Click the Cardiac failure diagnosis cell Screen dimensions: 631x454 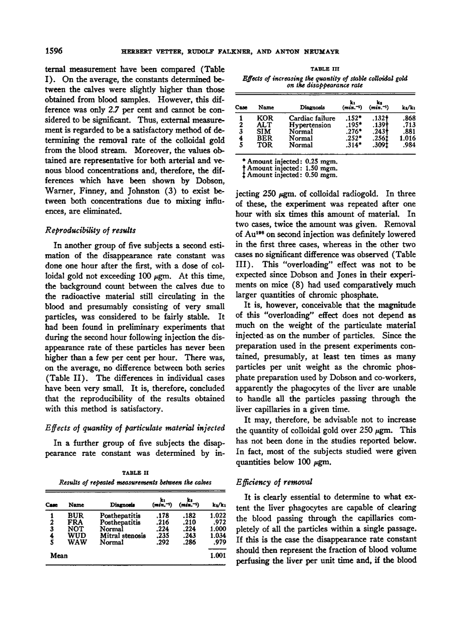312,119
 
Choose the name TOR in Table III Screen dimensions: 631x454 264,145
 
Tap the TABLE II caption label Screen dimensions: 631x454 136,472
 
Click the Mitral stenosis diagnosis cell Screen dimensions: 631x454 123,534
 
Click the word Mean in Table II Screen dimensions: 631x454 60,555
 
